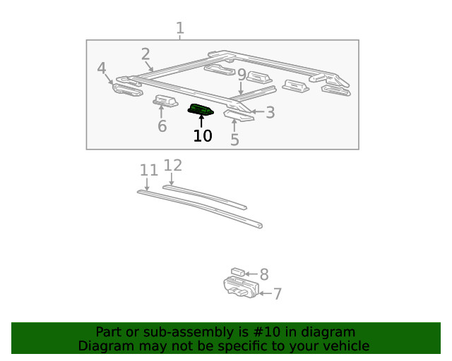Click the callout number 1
180,28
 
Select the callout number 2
145,54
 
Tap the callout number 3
270,111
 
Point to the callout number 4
102,68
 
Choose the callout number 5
234,140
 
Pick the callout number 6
162,126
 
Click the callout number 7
278,293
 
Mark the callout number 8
264,274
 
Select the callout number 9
242,75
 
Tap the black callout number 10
203,135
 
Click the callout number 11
148,170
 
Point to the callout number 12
173,166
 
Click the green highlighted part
201,109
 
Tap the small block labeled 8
238,271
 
